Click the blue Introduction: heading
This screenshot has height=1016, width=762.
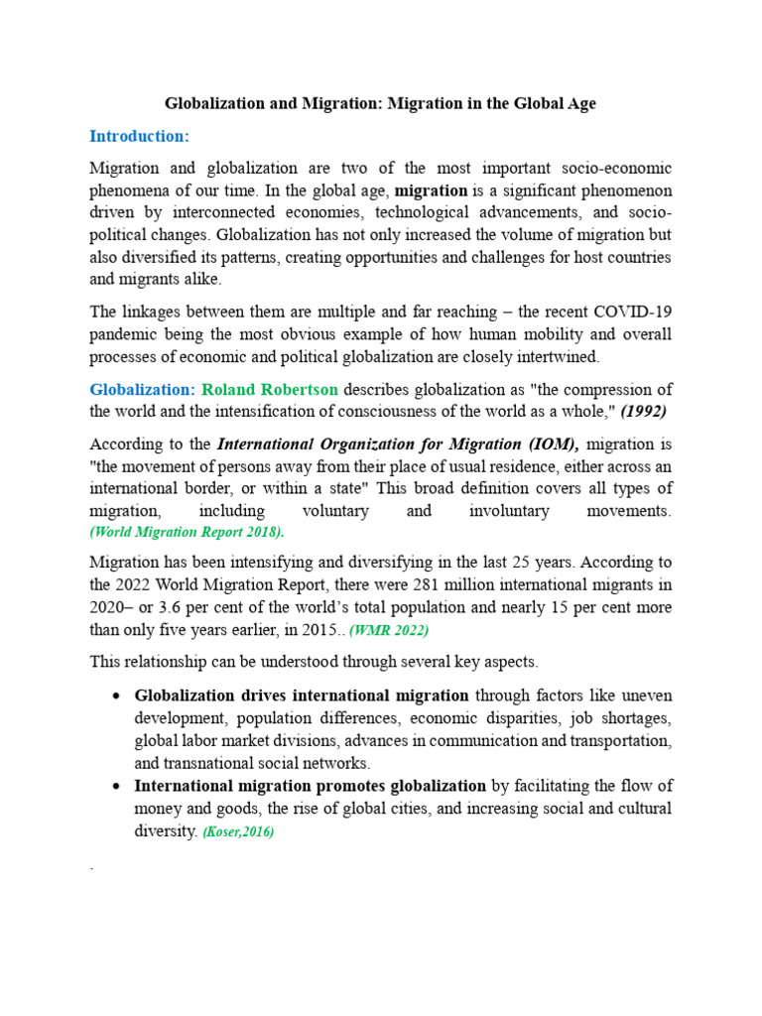[139, 135]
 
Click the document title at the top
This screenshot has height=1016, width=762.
[380, 103]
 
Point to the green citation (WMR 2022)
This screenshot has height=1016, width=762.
[388, 629]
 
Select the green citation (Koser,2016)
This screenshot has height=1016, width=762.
[238, 832]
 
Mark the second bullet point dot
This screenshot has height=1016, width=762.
[118, 787]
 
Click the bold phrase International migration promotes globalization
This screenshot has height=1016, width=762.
[311, 786]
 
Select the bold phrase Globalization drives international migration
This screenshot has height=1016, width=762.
[303, 696]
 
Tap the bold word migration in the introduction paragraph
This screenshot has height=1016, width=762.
[432, 190]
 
